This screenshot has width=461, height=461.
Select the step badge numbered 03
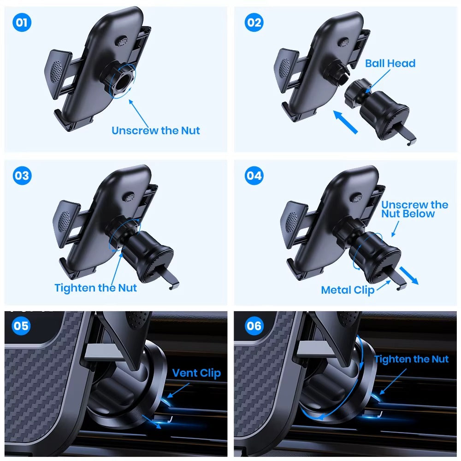[x=22, y=176]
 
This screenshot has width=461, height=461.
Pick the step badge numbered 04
[x=254, y=176]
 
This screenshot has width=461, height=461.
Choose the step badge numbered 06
[x=254, y=326]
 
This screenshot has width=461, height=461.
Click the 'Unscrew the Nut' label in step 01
[x=156, y=130]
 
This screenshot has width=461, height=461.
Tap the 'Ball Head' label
[x=390, y=63]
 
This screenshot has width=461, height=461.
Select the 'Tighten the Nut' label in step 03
[x=96, y=288]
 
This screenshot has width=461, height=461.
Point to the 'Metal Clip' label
[x=348, y=290]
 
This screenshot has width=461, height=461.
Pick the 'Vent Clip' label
[x=196, y=373]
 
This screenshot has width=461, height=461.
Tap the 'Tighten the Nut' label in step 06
[x=411, y=359]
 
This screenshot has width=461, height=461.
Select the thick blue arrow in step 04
[x=409, y=276]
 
